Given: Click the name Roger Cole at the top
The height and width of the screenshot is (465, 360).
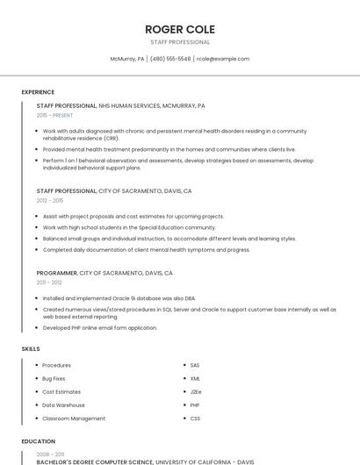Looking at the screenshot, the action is tap(180, 29).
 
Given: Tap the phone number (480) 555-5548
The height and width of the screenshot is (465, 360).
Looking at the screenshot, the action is tap(170, 59).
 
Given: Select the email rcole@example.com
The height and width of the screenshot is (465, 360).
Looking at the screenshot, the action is tap(223, 59).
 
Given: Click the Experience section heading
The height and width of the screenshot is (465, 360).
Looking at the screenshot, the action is tap(38, 92).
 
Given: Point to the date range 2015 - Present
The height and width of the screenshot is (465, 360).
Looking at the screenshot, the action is tap(54, 115).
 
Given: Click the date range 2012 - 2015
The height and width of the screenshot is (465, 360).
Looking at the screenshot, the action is tap(50, 200).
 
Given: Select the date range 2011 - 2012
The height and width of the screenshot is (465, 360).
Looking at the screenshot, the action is tap(49, 283).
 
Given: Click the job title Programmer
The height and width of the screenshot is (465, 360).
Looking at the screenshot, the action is tap(56, 273).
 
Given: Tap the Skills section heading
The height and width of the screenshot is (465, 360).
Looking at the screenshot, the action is tap(31, 349).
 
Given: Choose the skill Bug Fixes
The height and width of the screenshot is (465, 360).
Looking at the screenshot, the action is tap(54, 378).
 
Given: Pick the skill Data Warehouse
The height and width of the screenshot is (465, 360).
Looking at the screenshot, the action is tap(63, 405).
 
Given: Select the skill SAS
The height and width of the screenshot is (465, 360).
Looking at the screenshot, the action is tap(195, 365).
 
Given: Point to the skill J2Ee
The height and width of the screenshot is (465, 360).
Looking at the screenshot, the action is tap(196, 391).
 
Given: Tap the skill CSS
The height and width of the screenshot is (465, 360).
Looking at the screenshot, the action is tap(195, 418).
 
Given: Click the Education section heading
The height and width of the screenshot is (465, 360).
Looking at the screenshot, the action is tap(38, 441).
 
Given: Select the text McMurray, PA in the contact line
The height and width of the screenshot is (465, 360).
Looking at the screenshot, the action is tap(126, 59).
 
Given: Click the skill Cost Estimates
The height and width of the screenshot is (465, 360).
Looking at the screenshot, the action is tap(61, 391).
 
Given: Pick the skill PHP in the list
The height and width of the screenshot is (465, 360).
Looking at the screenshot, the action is tap(195, 405).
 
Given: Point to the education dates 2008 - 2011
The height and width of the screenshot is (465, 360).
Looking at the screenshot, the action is tap(49, 454).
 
